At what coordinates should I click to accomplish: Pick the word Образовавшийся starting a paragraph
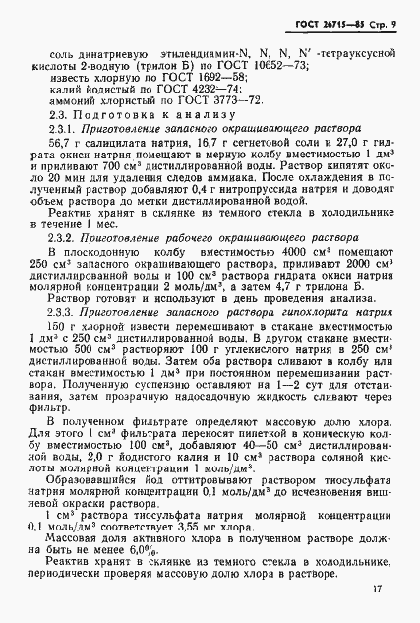click(x=95, y=466)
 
